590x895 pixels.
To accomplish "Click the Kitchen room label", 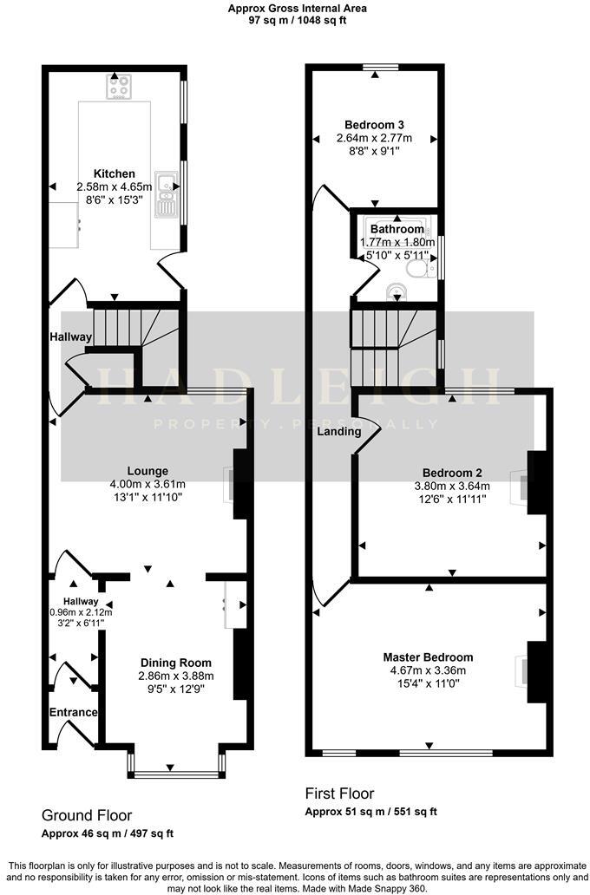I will tap(114, 173).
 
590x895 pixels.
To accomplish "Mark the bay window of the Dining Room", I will tap(176, 768).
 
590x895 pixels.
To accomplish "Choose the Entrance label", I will tap(73, 713).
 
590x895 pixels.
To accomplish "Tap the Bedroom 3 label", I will tap(374, 124).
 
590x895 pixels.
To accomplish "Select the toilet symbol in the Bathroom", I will tap(420, 271).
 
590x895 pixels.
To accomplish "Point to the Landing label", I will tap(334, 431).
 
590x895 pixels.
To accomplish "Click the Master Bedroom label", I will tap(432, 657).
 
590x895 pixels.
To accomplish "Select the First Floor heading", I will tap(339, 794).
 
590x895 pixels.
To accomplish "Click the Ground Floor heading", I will tap(87, 815).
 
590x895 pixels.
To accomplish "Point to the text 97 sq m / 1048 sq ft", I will tap(297, 20).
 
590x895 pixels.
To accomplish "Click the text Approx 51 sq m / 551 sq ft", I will tap(370, 812).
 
